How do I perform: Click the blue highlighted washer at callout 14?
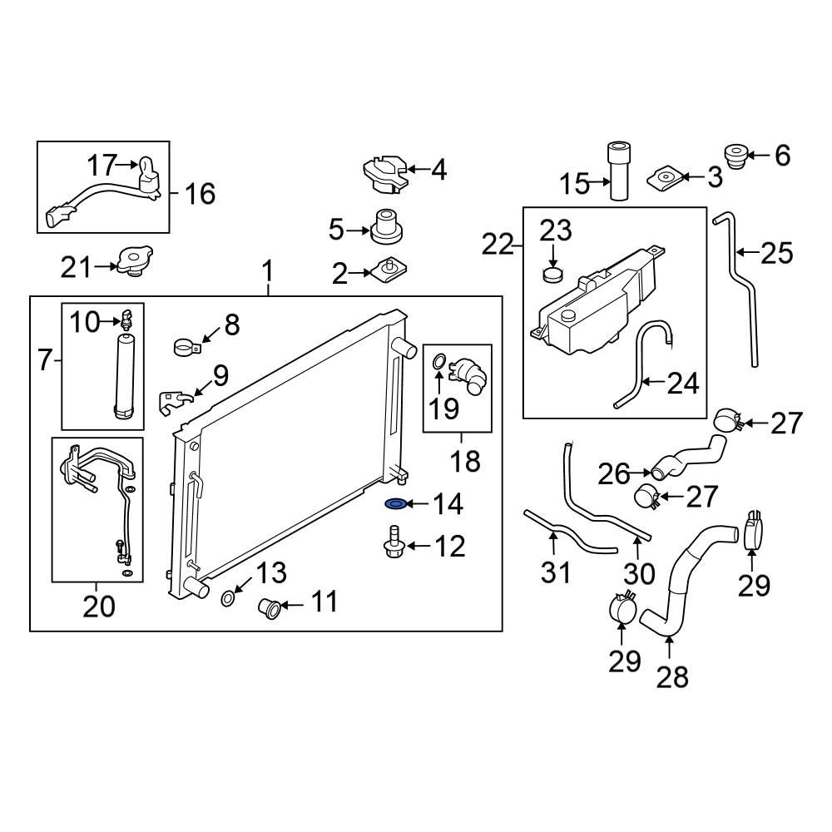click(396, 504)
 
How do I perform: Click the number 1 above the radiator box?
click(268, 271)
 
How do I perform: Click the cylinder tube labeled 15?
click(620, 171)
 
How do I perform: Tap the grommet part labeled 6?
click(734, 156)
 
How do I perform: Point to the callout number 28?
click(672, 676)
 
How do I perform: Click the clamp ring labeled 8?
click(188, 344)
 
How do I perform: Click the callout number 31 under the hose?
click(557, 572)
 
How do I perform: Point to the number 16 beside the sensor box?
click(200, 194)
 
